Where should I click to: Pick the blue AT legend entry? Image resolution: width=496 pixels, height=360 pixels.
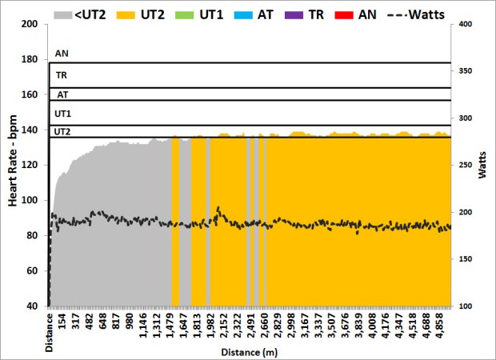(x=268, y=14)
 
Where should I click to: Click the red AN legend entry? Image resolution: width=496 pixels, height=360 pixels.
(x=374, y=14)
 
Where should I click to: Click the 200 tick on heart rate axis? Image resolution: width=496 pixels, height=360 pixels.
(x=30, y=24)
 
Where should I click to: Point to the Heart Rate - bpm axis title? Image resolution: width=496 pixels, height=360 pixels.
(x=14, y=165)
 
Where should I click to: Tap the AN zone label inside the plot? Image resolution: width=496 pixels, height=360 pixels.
(x=61, y=54)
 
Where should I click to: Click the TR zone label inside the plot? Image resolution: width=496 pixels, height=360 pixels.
(x=61, y=74)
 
